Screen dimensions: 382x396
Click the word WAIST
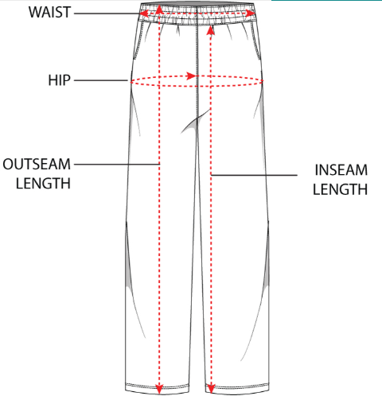tap(49, 12)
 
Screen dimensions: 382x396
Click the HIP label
tap(59, 80)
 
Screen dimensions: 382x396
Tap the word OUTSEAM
tap(37, 164)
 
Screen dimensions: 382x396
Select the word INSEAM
tap(341, 170)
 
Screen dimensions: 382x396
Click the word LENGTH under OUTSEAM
tap(43, 184)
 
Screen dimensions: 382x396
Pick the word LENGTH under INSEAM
tap(340, 189)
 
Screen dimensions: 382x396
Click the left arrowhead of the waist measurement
tap(144, 13)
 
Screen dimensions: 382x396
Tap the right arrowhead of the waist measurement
tap(250, 14)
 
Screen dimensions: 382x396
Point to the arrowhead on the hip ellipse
tap(191, 76)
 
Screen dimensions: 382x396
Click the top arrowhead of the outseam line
tap(158, 10)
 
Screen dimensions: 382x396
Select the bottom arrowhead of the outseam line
tap(159, 389)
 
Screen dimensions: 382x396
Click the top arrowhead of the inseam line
tap(211, 30)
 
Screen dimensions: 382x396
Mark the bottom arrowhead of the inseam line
tap(211, 389)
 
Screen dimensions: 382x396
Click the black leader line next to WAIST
tap(107, 14)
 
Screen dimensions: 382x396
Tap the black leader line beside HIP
tap(101, 80)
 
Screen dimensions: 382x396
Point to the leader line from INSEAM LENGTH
tap(254, 175)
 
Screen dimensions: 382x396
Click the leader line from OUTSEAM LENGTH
tap(117, 165)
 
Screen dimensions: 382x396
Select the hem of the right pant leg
tap(237, 389)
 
